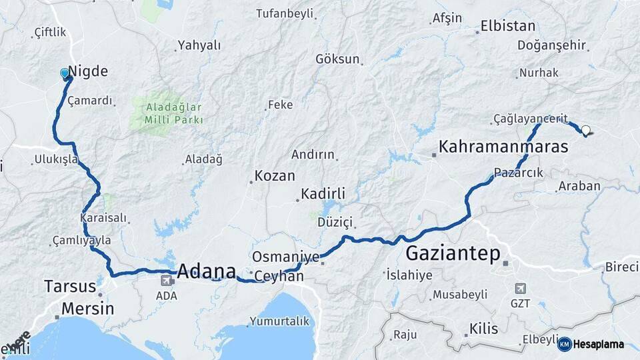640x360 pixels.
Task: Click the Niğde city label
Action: [x=88, y=72]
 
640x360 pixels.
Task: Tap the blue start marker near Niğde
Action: [x=65, y=73]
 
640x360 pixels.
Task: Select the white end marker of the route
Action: [x=585, y=131]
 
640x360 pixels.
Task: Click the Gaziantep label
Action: [x=453, y=254]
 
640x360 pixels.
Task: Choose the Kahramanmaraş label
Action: [x=503, y=147]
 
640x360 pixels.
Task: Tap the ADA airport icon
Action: [x=164, y=280]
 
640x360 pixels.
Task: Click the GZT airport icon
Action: [x=520, y=289]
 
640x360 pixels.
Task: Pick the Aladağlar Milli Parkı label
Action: [x=166, y=114]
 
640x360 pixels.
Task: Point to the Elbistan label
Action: [x=507, y=27]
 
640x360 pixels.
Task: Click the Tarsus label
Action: [x=70, y=287]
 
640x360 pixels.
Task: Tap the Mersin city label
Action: [x=87, y=309]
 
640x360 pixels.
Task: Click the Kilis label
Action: [x=483, y=329]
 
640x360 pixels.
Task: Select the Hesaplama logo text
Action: [x=599, y=344]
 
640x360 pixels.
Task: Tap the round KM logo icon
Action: [x=564, y=344]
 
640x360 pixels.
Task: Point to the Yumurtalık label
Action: [x=279, y=321]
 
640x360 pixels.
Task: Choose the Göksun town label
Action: [x=337, y=59]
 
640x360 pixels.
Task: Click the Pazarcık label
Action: [x=519, y=173]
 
